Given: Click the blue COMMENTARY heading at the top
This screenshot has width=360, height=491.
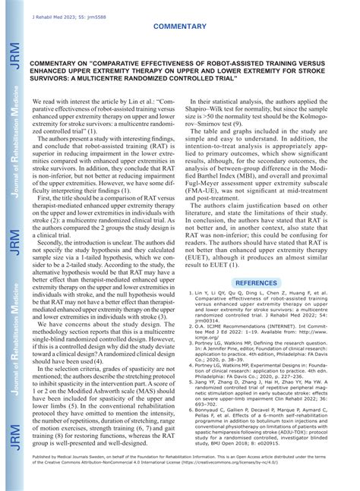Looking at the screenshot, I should pos(179,26).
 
